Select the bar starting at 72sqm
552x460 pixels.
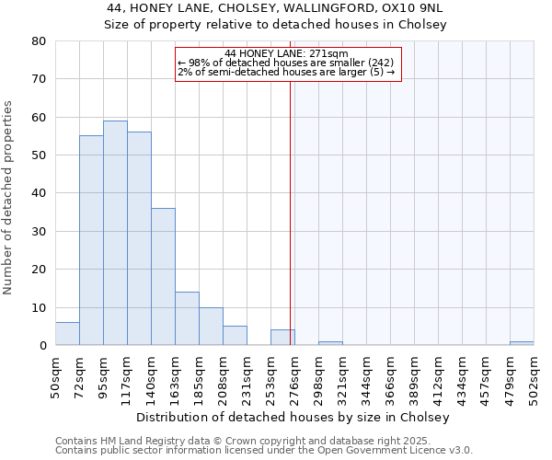91,240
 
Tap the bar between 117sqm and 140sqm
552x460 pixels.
139,238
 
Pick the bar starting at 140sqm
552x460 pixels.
163,276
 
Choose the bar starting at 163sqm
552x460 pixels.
187,318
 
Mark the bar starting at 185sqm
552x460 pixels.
211,326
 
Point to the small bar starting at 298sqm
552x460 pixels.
330,343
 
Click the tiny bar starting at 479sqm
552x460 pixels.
522,343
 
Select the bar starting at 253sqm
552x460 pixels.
282,338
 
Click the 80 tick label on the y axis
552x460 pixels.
39,41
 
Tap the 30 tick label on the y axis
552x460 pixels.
39,231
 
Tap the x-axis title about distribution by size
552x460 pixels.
298,418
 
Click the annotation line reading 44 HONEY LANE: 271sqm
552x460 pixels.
286,54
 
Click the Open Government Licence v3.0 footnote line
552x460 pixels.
264,451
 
